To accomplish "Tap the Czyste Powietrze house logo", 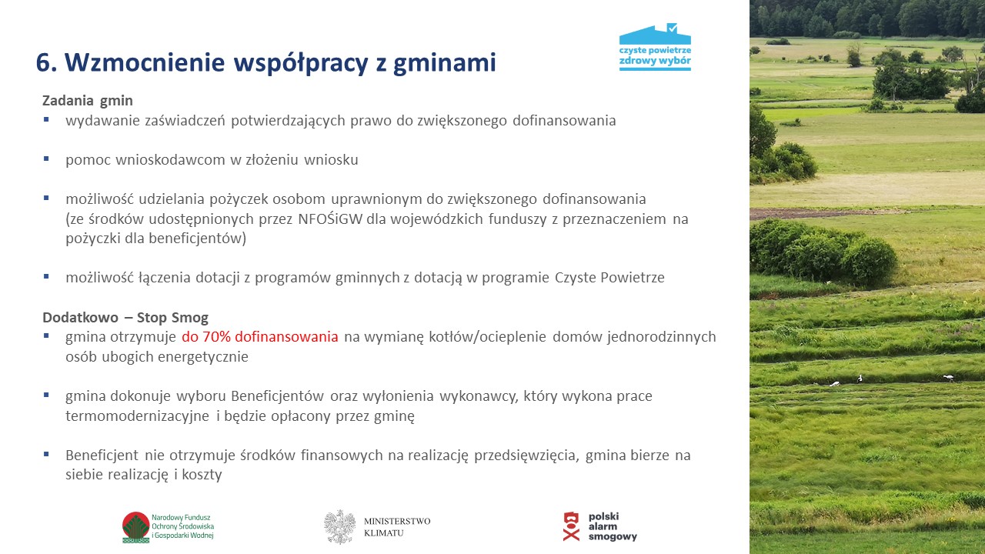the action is [x=655, y=47].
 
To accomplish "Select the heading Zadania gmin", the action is [x=88, y=101].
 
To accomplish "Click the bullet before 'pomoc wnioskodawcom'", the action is [x=46, y=159].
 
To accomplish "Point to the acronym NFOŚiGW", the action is [x=330, y=219].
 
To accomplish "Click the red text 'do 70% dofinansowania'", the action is [x=260, y=337].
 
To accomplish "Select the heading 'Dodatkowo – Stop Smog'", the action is [x=125, y=318].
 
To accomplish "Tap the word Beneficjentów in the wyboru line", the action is [x=278, y=396].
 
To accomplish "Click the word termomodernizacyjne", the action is [x=137, y=416].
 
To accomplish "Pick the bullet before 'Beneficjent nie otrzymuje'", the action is [x=46, y=454].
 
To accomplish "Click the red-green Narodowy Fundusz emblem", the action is [x=136, y=527].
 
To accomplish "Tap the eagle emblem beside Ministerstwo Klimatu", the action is [x=339, y=527].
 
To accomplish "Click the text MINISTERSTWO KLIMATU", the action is [x=397, y=527].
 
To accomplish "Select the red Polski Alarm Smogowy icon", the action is [x=571, y=526].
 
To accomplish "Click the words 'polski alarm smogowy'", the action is [x=613, y=526].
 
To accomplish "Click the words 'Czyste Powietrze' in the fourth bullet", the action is [x=609, y=278].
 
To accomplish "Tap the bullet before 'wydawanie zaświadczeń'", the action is [x=46, y=119].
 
